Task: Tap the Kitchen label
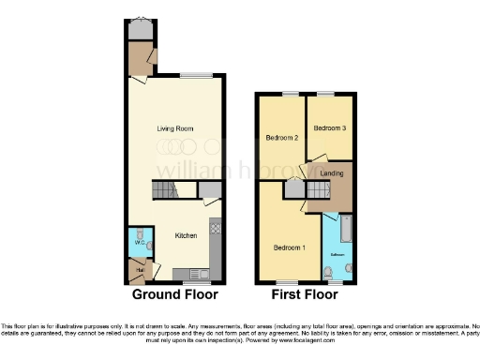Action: [x=186, y=236]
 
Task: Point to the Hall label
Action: [x=138, y=271]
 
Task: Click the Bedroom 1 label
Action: [x=288, y=247]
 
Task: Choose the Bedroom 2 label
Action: [x=281, y=138]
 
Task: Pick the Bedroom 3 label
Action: [x=329, y=128]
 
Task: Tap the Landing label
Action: [x=332, y=172]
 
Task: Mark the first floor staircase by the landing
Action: [x=315, y=190]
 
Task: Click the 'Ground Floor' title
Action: [x=174, y=294]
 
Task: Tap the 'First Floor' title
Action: [x=305, y=294]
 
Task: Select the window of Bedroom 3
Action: [x=325, y=94]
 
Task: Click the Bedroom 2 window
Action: [x=288, y=94]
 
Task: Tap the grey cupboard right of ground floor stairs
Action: [x=210, y=189]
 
